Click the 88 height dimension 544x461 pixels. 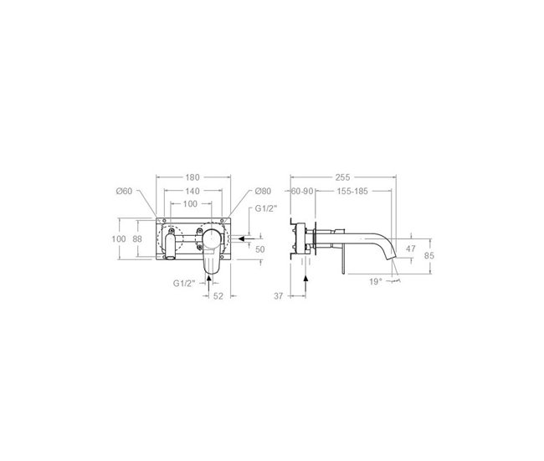tap(138, 238)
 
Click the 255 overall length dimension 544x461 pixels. tap(342, 177)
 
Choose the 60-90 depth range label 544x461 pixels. tap(302, 191)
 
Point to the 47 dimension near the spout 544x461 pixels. tap(410, 249)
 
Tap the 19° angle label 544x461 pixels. tap(374, 282)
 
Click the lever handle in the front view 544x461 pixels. tap(211, 255)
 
